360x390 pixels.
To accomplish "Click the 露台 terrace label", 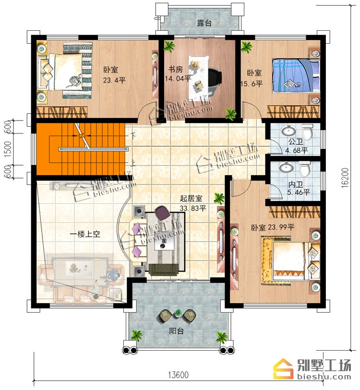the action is click(204, 23).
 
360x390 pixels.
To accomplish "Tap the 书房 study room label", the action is click(175, 69).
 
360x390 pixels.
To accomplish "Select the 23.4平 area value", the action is click(114, 80).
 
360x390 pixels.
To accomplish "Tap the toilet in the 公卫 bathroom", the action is click(307, 132).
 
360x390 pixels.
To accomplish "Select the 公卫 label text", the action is click(295, 142).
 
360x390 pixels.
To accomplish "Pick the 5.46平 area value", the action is click(299, 192).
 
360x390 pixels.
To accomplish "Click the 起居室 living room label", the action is click(191, 198).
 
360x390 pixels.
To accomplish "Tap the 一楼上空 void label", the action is click(85, 234).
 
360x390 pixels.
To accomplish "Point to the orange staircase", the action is click(81, 149).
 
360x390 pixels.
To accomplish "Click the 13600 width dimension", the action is click(178, 374).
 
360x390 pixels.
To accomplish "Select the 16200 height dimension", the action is click(345, 178).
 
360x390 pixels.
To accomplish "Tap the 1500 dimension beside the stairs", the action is click(8, 149).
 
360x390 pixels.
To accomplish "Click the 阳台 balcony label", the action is click(177, 331).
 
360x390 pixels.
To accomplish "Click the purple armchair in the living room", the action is click(162, 213).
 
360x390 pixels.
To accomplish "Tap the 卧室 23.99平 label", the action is click(273, 227).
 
